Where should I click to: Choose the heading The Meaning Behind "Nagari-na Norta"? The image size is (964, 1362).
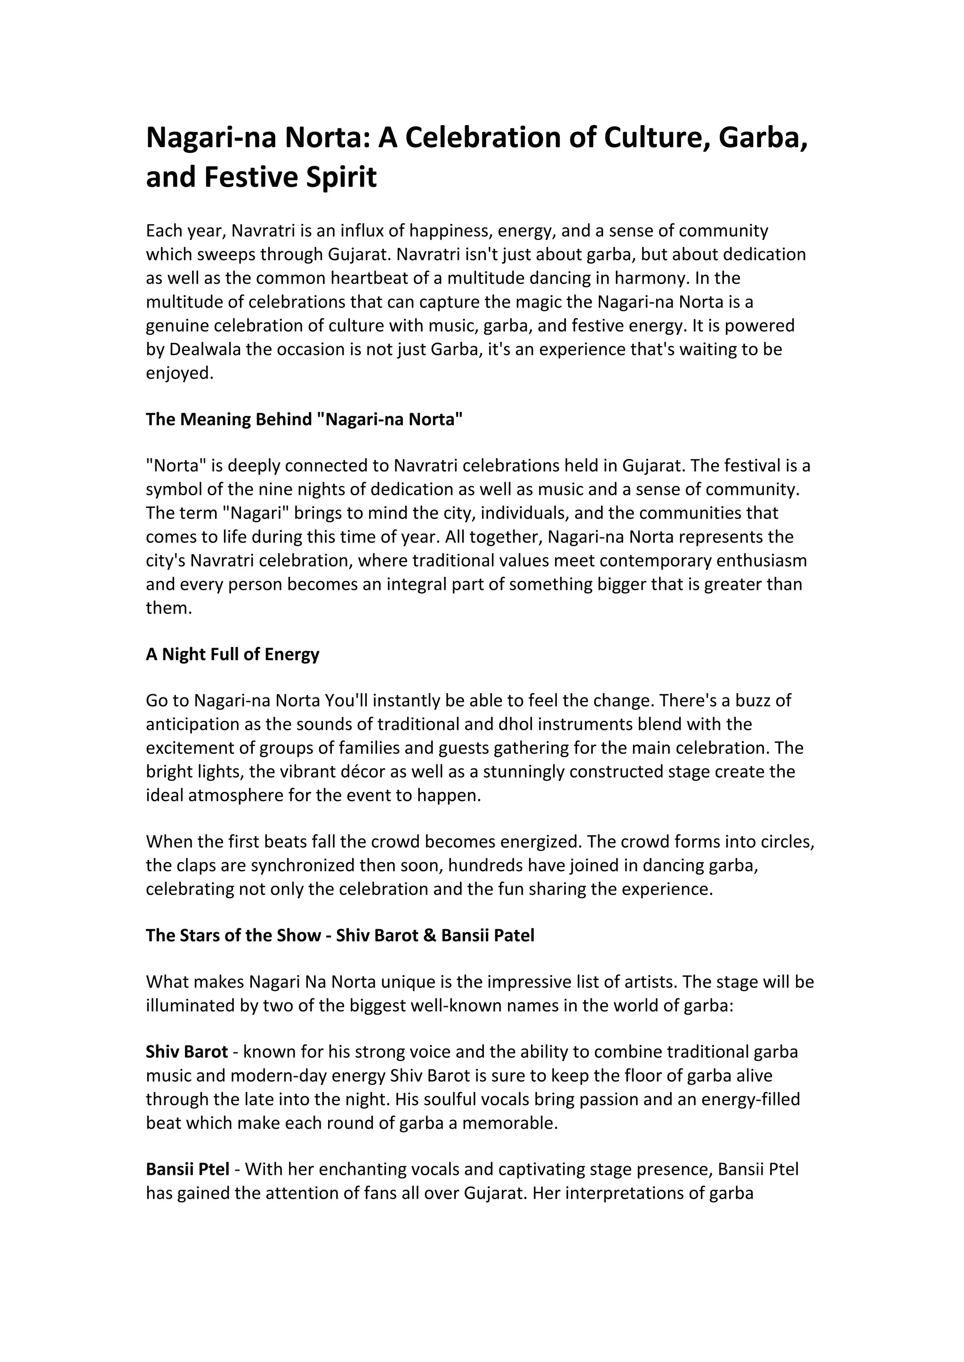[x=304, y=420]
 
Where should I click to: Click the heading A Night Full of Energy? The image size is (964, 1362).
[x=232, y=654]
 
